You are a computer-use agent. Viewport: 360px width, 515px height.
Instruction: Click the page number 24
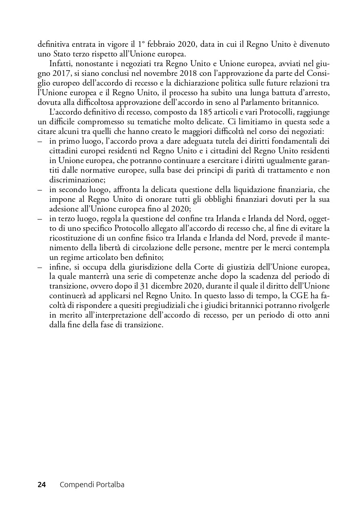pyautogui.click(x=42, y=485)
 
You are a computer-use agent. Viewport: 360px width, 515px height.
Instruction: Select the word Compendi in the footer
pyautogui.click(x=75, y=485)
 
